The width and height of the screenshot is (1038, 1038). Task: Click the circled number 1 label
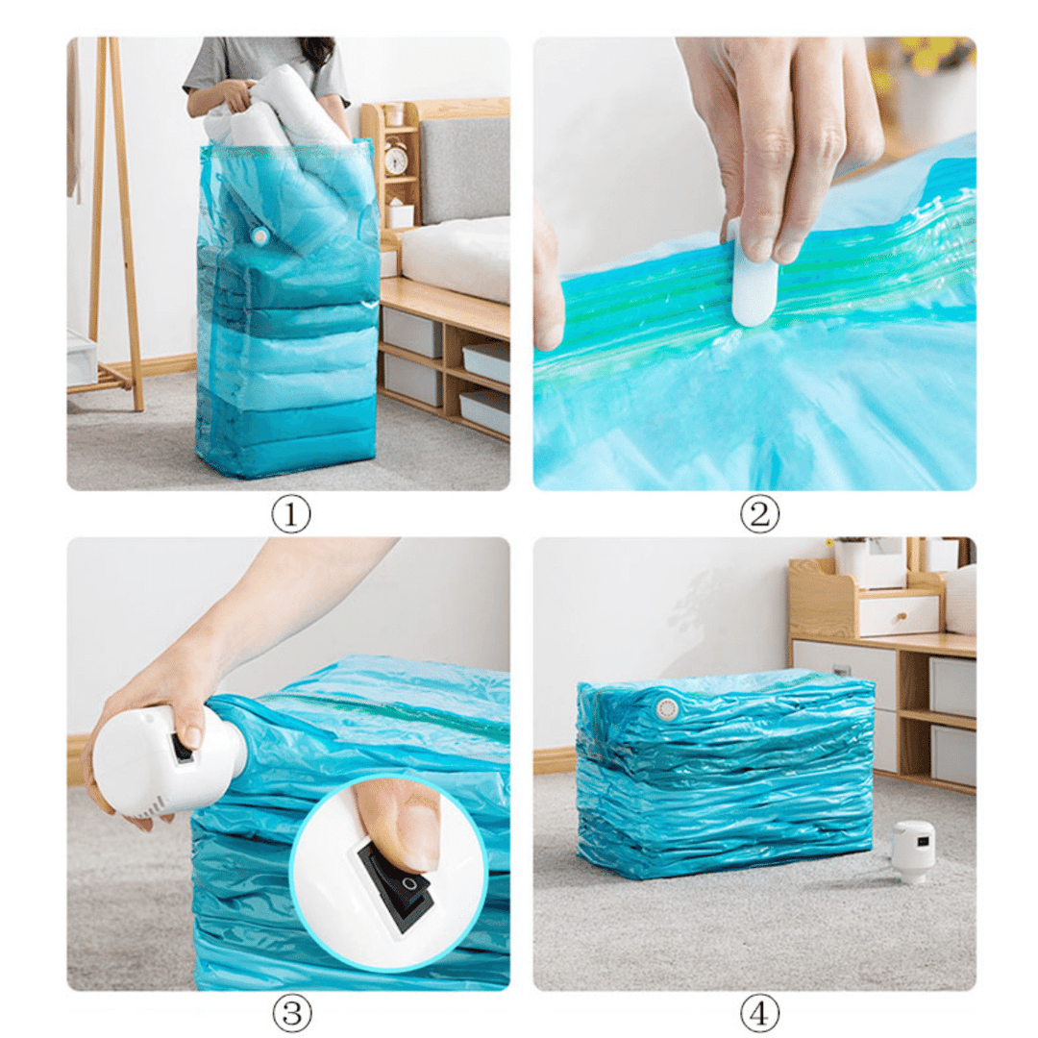[291, 513]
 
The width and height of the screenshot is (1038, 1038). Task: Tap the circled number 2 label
[759, 513]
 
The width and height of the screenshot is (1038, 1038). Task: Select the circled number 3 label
[292, 1014]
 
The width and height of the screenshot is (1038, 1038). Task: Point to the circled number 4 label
[759, 1014]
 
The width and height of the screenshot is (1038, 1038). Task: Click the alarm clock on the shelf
[395, 157]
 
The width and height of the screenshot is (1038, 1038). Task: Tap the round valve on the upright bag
[259, 235]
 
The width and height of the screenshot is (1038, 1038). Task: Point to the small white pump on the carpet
[912, 851]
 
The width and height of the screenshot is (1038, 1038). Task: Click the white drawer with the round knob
[899, 616]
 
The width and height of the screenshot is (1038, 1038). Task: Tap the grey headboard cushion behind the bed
[464, 171]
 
